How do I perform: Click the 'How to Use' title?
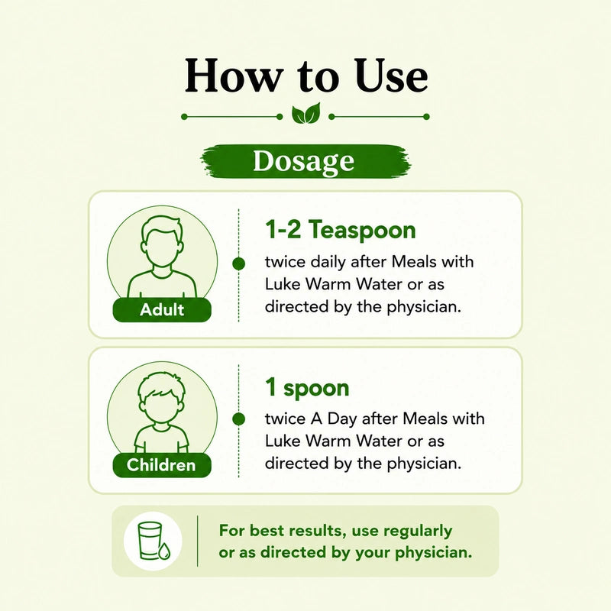[306, 76]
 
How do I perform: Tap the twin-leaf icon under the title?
[306, 114]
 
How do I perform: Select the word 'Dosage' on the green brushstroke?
[303, 161]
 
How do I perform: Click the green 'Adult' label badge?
[162, 310]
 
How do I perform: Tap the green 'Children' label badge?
[162, 465]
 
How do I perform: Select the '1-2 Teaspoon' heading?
[341, 230]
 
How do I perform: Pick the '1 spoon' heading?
[307, 388]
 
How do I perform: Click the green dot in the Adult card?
[238, 263]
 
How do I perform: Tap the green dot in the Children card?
[238, 419]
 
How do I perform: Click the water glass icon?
[150, 540]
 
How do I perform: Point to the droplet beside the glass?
[164, 551]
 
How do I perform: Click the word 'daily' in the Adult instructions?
[328, 262]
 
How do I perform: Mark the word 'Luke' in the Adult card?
[283, 284]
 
